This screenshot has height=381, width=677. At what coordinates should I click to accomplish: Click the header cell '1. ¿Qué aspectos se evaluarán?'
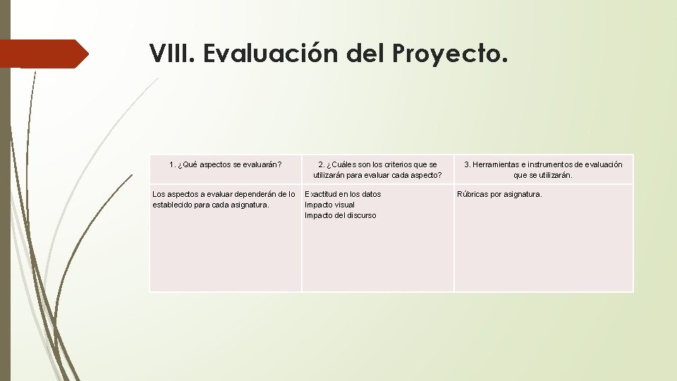click(x=226, y=165)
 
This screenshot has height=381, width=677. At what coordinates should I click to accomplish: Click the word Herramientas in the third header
click(x=498, y=165)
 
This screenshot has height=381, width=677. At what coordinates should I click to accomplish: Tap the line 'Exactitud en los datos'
click(x=343, y=194)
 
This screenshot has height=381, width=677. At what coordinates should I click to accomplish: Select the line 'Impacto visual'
click(x=329, y=205)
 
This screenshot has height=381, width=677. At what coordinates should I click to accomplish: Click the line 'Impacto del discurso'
click(x=341, y=215)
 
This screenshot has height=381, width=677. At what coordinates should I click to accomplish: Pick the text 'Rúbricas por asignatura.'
click(x=499, y=194)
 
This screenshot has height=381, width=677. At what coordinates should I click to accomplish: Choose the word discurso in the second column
click(x=360, y=215)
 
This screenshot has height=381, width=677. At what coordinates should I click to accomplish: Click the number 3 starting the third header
click(x=466, y=165)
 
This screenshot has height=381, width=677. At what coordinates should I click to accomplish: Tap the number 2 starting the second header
click(x=320, y=165)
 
